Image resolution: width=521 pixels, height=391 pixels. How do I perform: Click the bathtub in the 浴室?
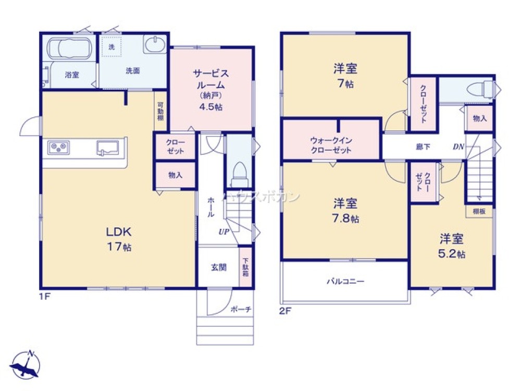point(70,49)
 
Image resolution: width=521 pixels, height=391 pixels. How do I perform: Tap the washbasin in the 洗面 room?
point(155,45)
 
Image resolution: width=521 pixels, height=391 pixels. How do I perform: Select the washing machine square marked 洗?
point(111,46)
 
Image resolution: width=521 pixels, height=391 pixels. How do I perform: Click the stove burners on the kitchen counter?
point(58,147)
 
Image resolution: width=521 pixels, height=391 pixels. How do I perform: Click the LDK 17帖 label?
point(119,238)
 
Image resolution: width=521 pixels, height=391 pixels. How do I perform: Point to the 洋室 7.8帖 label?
point(345,210)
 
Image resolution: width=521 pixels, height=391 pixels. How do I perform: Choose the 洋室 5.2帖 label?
point(452,246)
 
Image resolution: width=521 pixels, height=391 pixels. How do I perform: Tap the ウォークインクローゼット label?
point(331,145)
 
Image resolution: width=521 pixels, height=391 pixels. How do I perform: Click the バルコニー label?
point(345,282)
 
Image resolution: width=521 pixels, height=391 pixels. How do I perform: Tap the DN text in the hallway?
point(458,146)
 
